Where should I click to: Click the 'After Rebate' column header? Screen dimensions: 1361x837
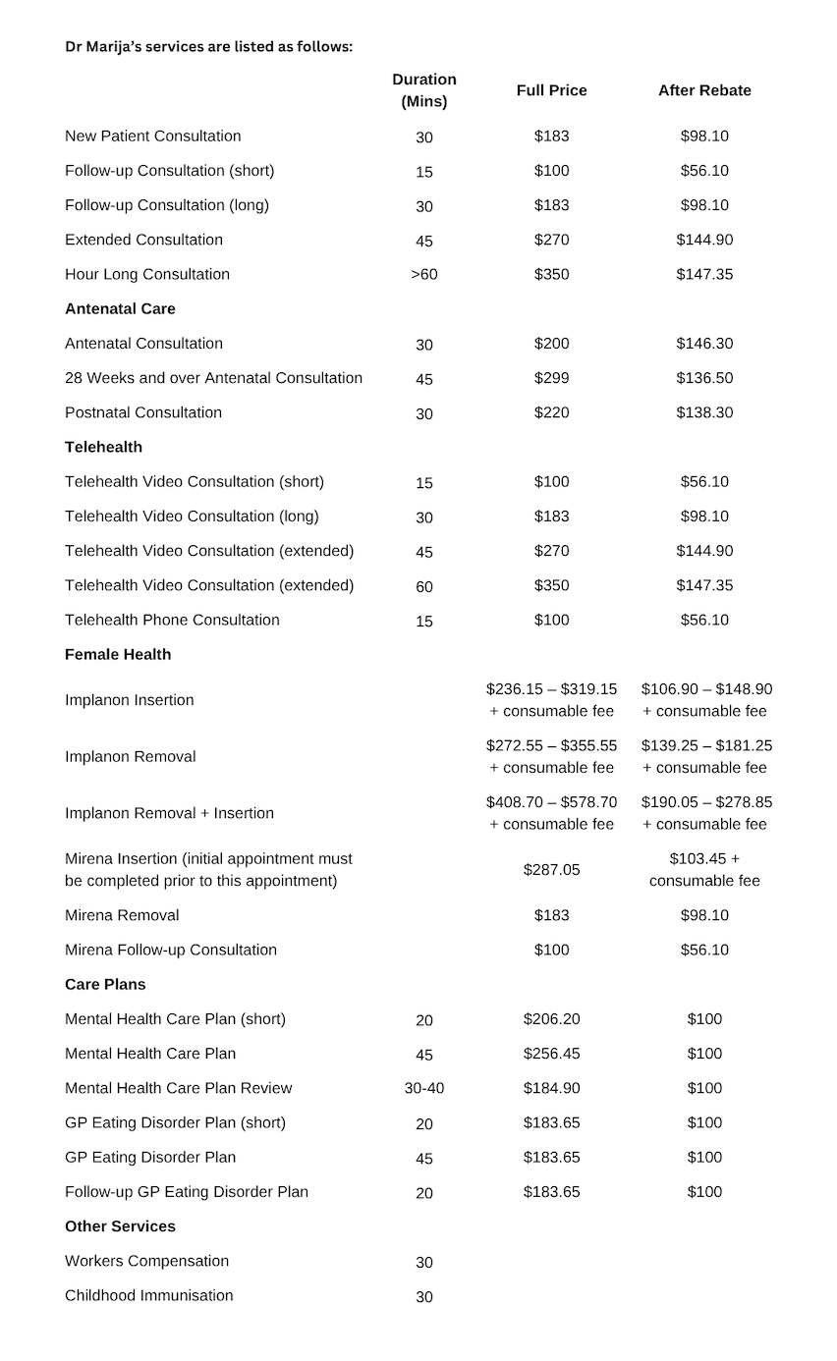704,90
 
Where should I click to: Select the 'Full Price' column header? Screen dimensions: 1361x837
551,90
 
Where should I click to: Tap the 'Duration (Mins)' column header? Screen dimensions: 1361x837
424,90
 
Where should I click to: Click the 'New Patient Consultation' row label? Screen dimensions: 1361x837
152,136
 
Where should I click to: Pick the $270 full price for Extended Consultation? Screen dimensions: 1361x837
551,240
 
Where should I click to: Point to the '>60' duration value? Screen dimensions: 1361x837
424,275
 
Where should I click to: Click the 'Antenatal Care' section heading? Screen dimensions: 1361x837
120,309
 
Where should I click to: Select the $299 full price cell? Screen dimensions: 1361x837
551,378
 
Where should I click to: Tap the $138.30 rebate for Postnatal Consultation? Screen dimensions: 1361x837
704,412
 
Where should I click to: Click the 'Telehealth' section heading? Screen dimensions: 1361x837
103,447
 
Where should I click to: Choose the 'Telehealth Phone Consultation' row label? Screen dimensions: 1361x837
172,620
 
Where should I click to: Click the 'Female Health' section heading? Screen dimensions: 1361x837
118,654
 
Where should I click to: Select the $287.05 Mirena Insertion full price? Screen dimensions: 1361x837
551,870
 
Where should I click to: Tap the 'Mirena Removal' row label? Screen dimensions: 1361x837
122,915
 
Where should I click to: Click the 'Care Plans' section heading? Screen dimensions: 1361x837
105,984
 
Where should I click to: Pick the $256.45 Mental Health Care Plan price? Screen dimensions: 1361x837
551,1054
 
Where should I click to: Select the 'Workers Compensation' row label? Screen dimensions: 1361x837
146,1261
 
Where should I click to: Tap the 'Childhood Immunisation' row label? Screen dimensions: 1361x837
149,1295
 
